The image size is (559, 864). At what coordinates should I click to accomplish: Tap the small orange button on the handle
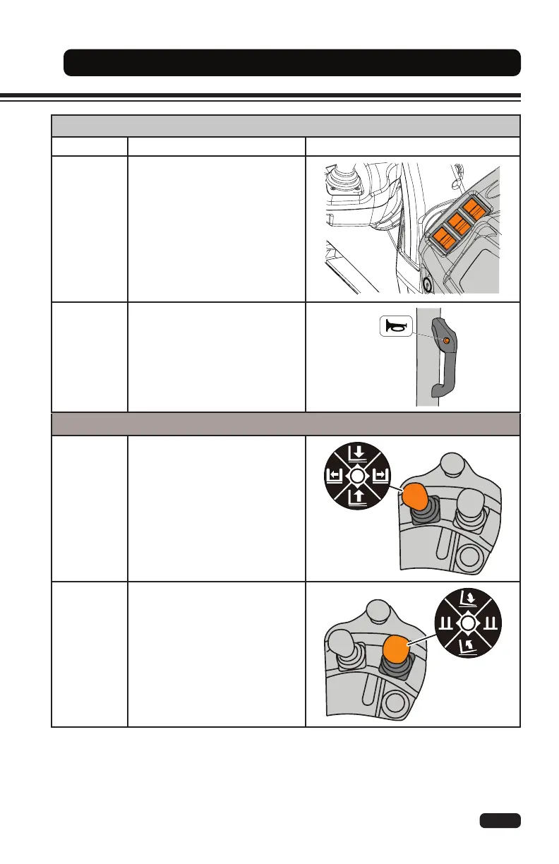446,342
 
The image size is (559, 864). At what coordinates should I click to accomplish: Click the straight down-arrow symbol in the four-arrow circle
357,452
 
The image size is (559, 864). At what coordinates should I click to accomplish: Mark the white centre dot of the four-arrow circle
357,476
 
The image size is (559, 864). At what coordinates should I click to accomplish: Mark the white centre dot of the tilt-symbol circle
468,624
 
